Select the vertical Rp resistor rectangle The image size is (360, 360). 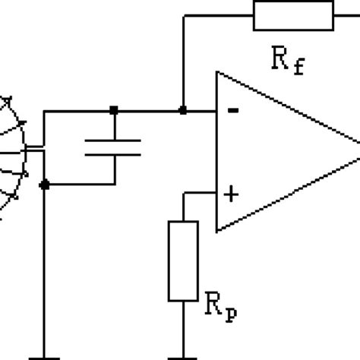click(183, 260)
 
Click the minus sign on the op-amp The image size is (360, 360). click(232, 111)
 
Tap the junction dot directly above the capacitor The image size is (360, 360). click(113, 111)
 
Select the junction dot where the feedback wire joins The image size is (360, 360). click(182, 111)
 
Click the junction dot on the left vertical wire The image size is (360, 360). click(44, 184)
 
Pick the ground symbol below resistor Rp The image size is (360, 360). click(183, 355)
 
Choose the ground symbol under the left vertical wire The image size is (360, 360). click(44, 355)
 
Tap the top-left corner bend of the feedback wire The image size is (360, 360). click(182, 14)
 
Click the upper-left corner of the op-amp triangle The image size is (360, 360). click(217, 72)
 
